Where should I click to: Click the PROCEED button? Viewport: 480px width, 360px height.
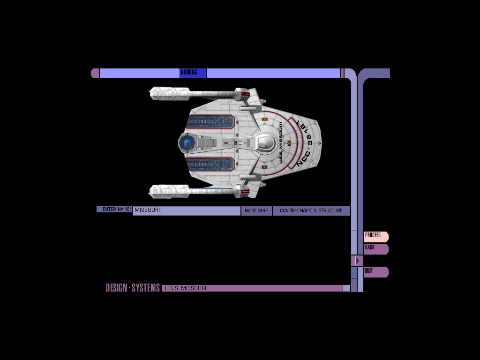coord(375,236)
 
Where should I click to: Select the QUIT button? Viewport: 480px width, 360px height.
coord(375,272)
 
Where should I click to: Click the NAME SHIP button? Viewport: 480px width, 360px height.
coord(256,211)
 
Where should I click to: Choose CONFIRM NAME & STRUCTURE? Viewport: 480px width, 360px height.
coord(311,211)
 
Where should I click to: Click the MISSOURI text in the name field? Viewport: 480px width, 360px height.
coord(147,210)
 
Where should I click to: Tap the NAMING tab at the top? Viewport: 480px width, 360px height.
coord(193,73)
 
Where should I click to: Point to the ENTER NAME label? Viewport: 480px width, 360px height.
coord(115,210)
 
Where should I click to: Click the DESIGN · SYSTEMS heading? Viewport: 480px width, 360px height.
coord(133,288)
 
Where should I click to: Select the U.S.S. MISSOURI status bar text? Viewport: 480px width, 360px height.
coord(186,288)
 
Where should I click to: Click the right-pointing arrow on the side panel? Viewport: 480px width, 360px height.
coord(357,261)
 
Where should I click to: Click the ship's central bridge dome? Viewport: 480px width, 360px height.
coord(265,142)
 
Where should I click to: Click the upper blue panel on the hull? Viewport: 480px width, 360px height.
coord(210,122)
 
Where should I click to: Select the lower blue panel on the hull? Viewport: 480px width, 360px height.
coord(210,164)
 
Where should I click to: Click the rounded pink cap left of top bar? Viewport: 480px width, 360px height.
coord(95,73)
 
